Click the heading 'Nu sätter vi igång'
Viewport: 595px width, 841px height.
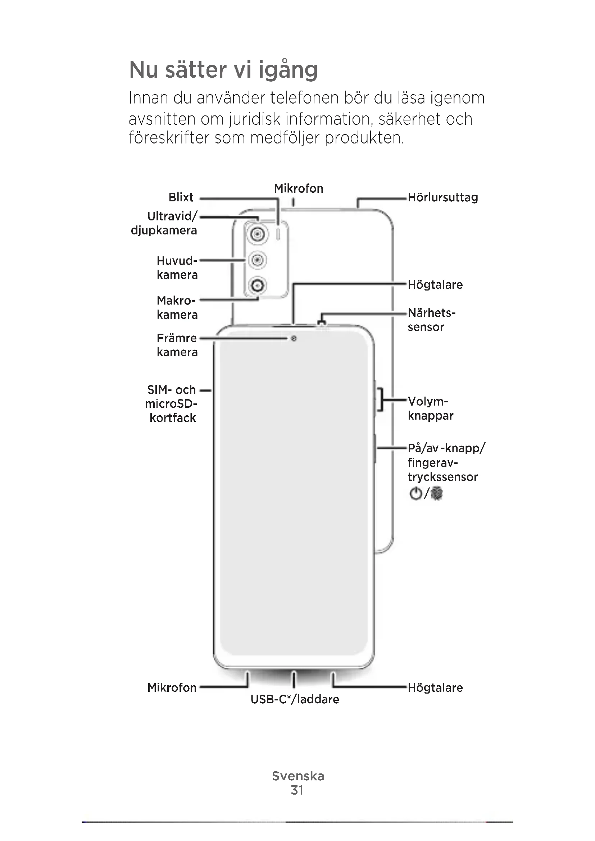[223, 70]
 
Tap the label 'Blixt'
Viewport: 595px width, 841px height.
[181, 197]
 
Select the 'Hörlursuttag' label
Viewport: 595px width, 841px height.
[442, 198]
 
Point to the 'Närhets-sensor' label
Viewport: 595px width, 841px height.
[431, 320]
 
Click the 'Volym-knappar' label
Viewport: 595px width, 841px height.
[430, 408]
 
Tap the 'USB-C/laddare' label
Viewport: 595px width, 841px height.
[295, 699]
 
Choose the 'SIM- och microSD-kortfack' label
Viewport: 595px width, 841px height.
[172, 404]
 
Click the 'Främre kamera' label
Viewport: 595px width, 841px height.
[177, 345]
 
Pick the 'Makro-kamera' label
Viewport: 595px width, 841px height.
[177, 307]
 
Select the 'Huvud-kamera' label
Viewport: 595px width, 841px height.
[177, 268]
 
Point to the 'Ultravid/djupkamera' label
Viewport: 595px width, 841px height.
[164, 223]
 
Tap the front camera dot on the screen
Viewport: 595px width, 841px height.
[294, 339]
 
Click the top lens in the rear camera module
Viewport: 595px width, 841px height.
[257, 234]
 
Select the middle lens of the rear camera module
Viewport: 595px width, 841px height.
[258, 260]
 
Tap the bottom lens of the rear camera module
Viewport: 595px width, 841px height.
[258, 285]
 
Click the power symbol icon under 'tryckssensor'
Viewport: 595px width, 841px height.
[415, 493]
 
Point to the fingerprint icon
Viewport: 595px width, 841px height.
[437, 493]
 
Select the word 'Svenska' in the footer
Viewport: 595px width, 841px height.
[298, 776]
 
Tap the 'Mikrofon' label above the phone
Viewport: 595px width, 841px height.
[299, 189]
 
